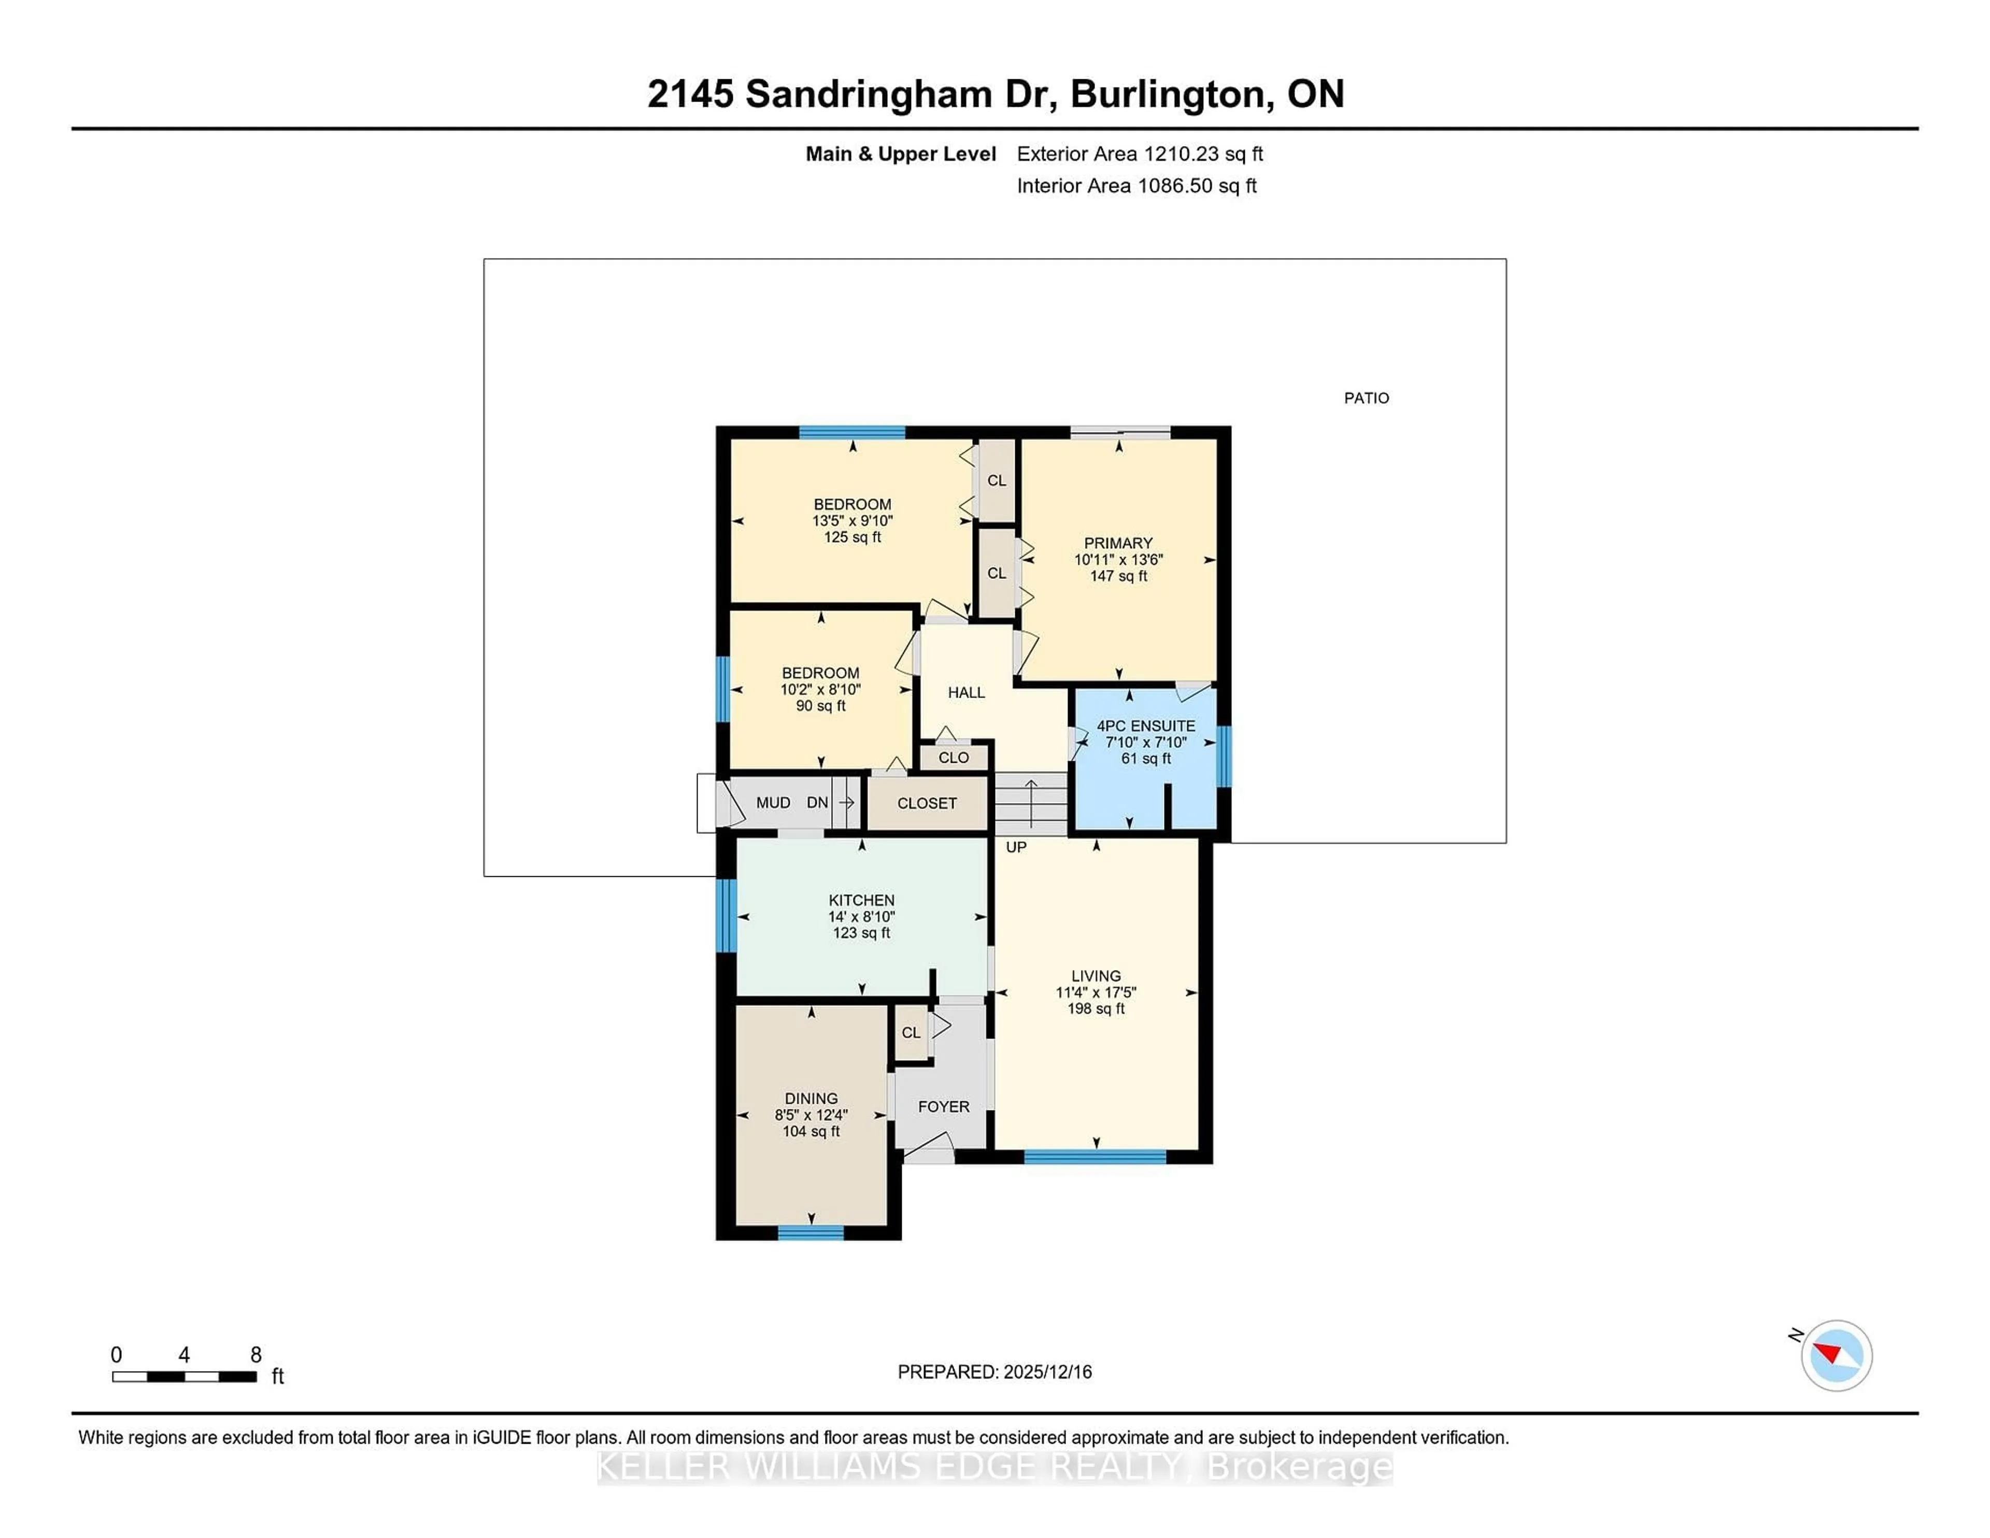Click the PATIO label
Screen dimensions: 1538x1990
coord(1366,398)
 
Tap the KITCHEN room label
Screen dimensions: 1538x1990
coord(861,900)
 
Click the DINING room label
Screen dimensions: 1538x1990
coord(811,1099)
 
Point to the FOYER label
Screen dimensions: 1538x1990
coord(943,1107)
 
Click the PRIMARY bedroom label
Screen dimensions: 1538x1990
coord(1118,543)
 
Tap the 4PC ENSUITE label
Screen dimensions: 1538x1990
coord(1145,726)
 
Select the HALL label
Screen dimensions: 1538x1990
coord(966,692)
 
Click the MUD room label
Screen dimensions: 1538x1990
coord(773,803)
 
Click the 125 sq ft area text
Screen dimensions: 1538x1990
coord(852,537)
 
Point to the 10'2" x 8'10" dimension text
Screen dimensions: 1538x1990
coord(820,690)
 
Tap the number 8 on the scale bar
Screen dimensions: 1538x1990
coord(256,1355)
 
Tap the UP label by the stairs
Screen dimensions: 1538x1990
coord(1016,847)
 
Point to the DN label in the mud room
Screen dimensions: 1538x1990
coord(816,803)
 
